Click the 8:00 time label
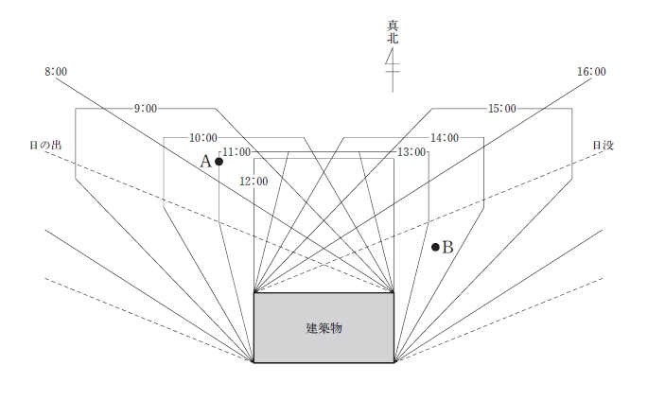[x=56, y=72]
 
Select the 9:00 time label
[x=146, y=109]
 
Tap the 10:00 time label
[x=203, y=138]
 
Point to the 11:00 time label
[x=236, y=152]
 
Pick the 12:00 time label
[x=254, y=182]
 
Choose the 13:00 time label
[x=411, y=152]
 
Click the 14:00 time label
[x=445, y=138]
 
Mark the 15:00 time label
[x=502, y=109]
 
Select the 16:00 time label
[x=591, y=72]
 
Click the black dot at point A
[x=219, y=162]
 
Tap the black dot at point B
[x=435, y=247]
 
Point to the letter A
[x=205, y=162]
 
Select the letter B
[x=447, y=247]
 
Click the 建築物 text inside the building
[x=324, y=328]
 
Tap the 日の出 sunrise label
[x=45, y=145]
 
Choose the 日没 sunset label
[x=604, y=145]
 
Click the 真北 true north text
[x=393, y=32]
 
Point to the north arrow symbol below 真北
[x=393, y=70]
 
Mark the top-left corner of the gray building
[x=254, y=293]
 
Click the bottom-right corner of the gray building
[x=394, y=363]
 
